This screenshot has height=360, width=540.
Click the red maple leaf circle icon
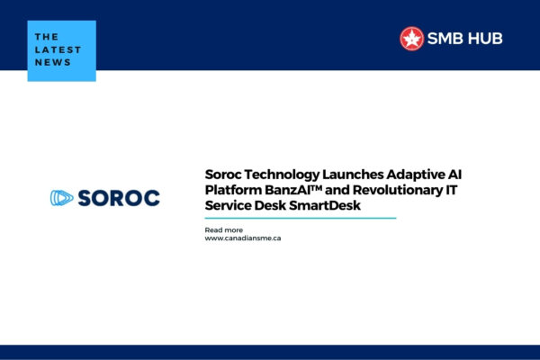pos(411,38)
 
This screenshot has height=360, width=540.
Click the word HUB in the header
pos(486,39)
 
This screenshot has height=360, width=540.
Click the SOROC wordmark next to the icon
pos(118,198)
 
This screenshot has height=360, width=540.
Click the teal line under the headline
pos(301,218)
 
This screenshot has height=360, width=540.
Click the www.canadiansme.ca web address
pos(243,238)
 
